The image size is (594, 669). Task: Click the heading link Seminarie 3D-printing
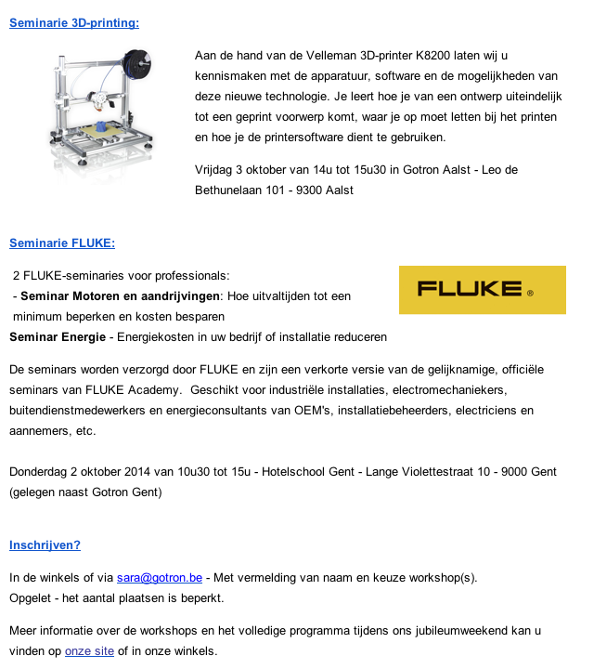pos(74,21)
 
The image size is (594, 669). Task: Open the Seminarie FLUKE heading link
pos(62,243)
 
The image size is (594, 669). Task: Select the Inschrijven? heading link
pos(45,544)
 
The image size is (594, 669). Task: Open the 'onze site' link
pos(89,650)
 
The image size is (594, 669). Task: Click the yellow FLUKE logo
pos(482,290)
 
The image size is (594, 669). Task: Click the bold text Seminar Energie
pos(58,336)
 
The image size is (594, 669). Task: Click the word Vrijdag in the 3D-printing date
pos(215,169)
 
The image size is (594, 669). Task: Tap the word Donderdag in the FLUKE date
pos(40,472)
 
